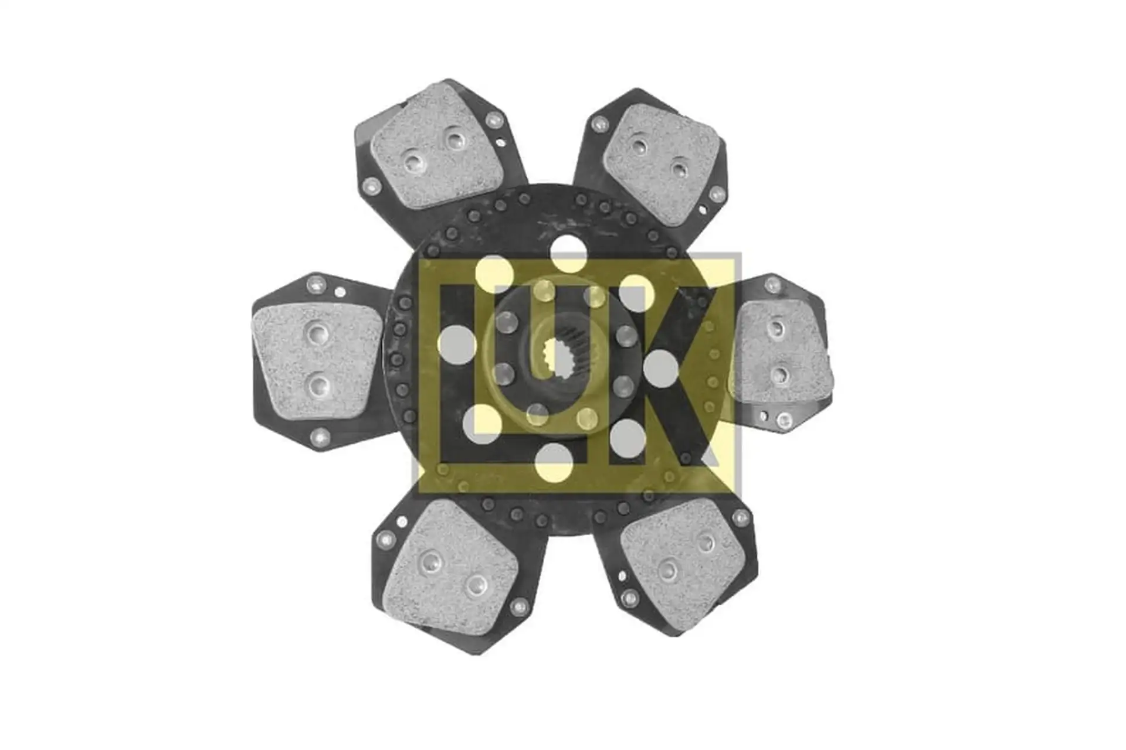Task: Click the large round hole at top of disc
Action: [568, 254]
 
